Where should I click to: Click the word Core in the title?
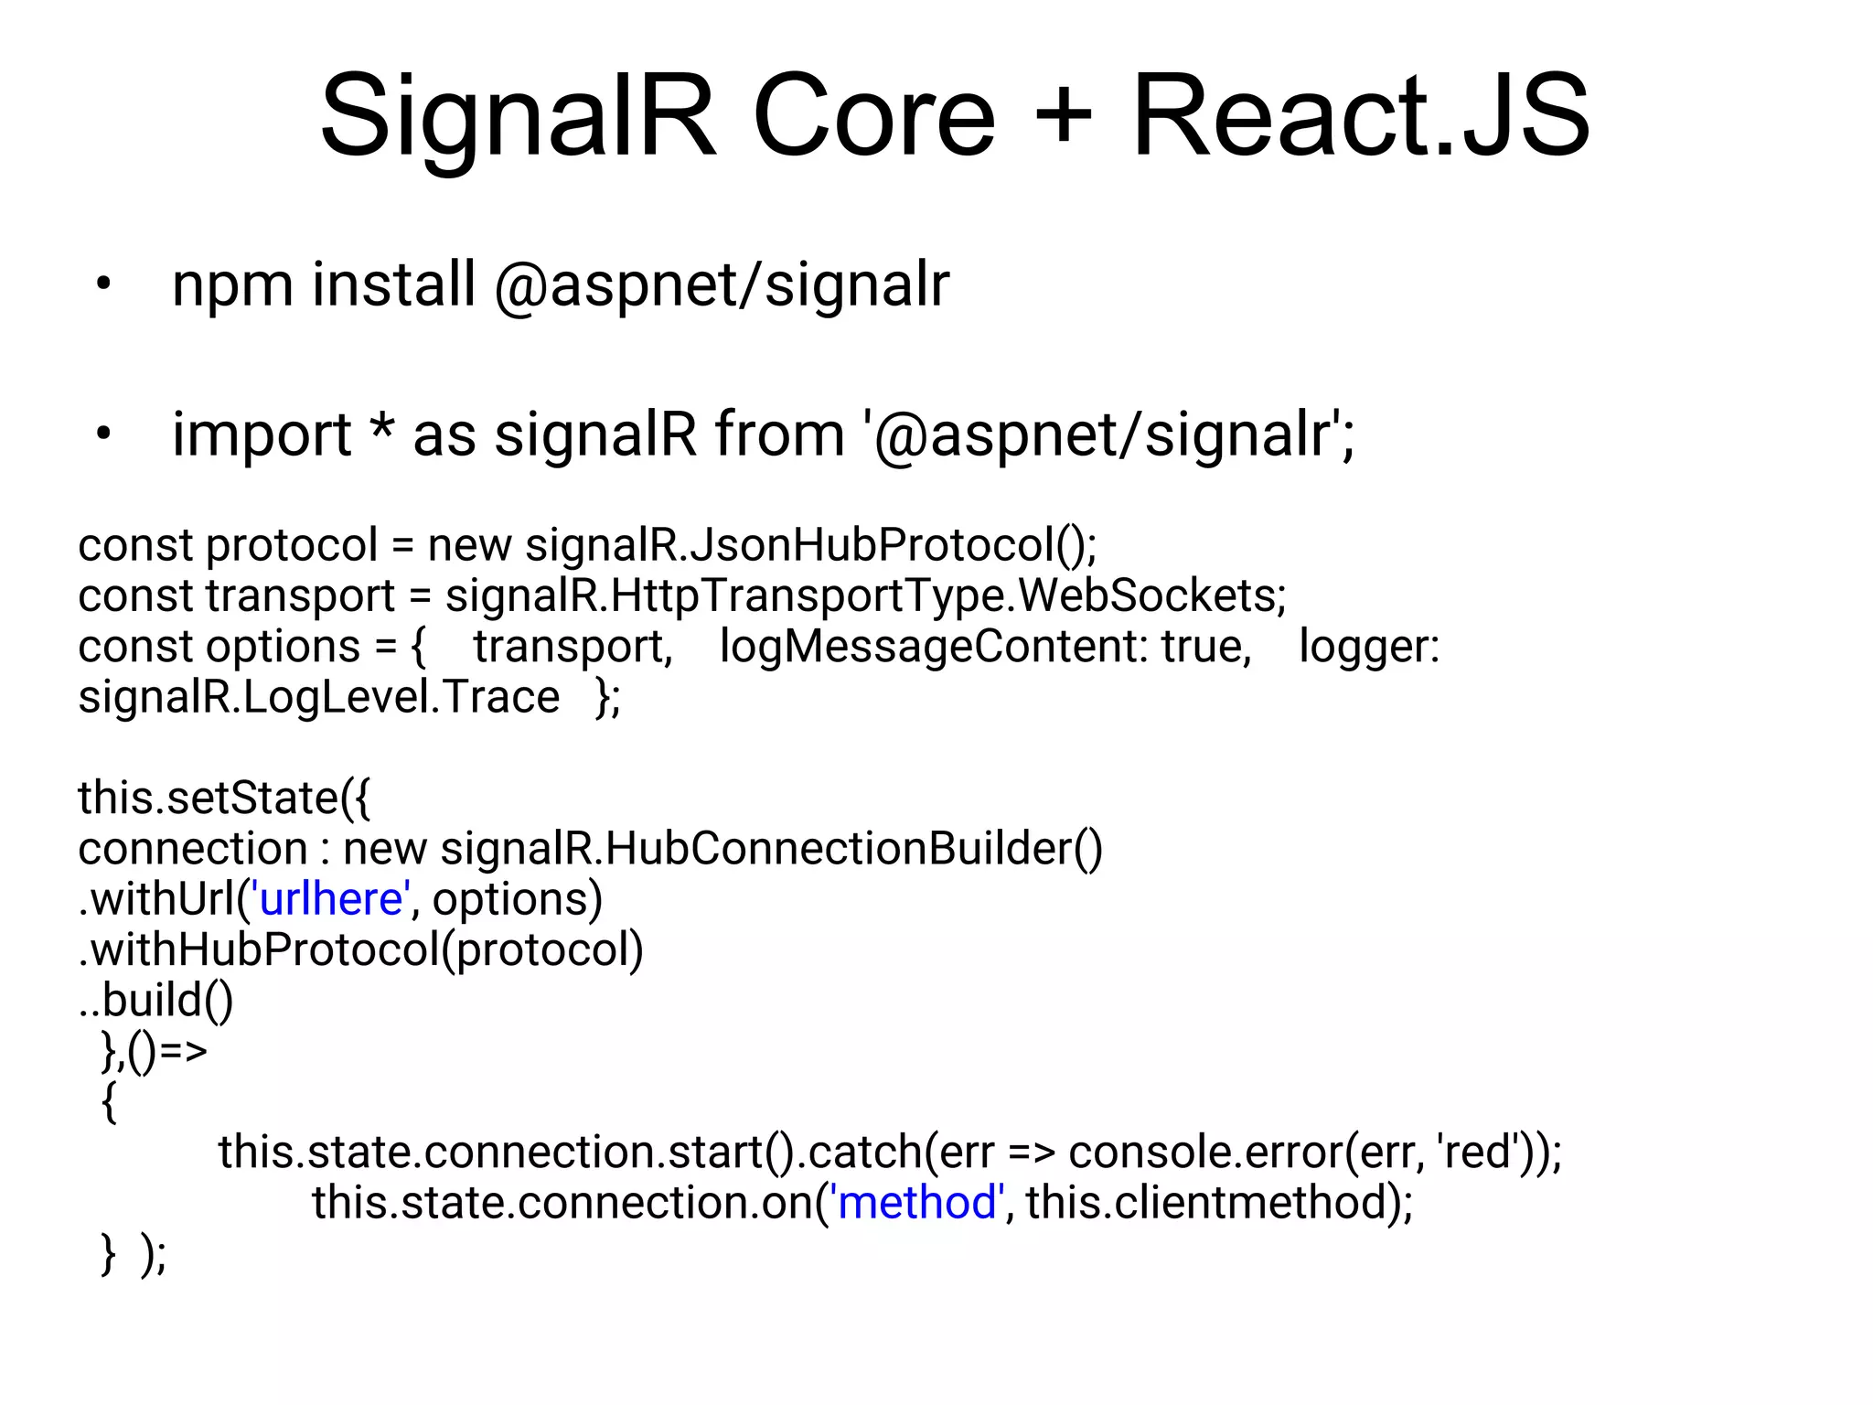pos(873,117)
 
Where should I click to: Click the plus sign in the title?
pos(1063,117)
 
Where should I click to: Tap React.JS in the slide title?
pos(1361,117)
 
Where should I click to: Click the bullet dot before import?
pos(103,434)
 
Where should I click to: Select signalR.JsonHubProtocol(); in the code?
pos(810,546)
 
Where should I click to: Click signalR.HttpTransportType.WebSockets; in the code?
pos(865,596)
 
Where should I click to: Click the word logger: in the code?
pos(1369,648)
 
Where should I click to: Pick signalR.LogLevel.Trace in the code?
pos(318,698)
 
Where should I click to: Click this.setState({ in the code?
pos(224,798)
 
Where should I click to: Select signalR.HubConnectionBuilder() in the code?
pos(771,849)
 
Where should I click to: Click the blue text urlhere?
pos(331,899)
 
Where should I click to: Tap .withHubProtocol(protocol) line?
pos(361,949)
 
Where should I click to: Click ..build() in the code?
pos(156,1000)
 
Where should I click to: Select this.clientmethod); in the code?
pos(1219,1202)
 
